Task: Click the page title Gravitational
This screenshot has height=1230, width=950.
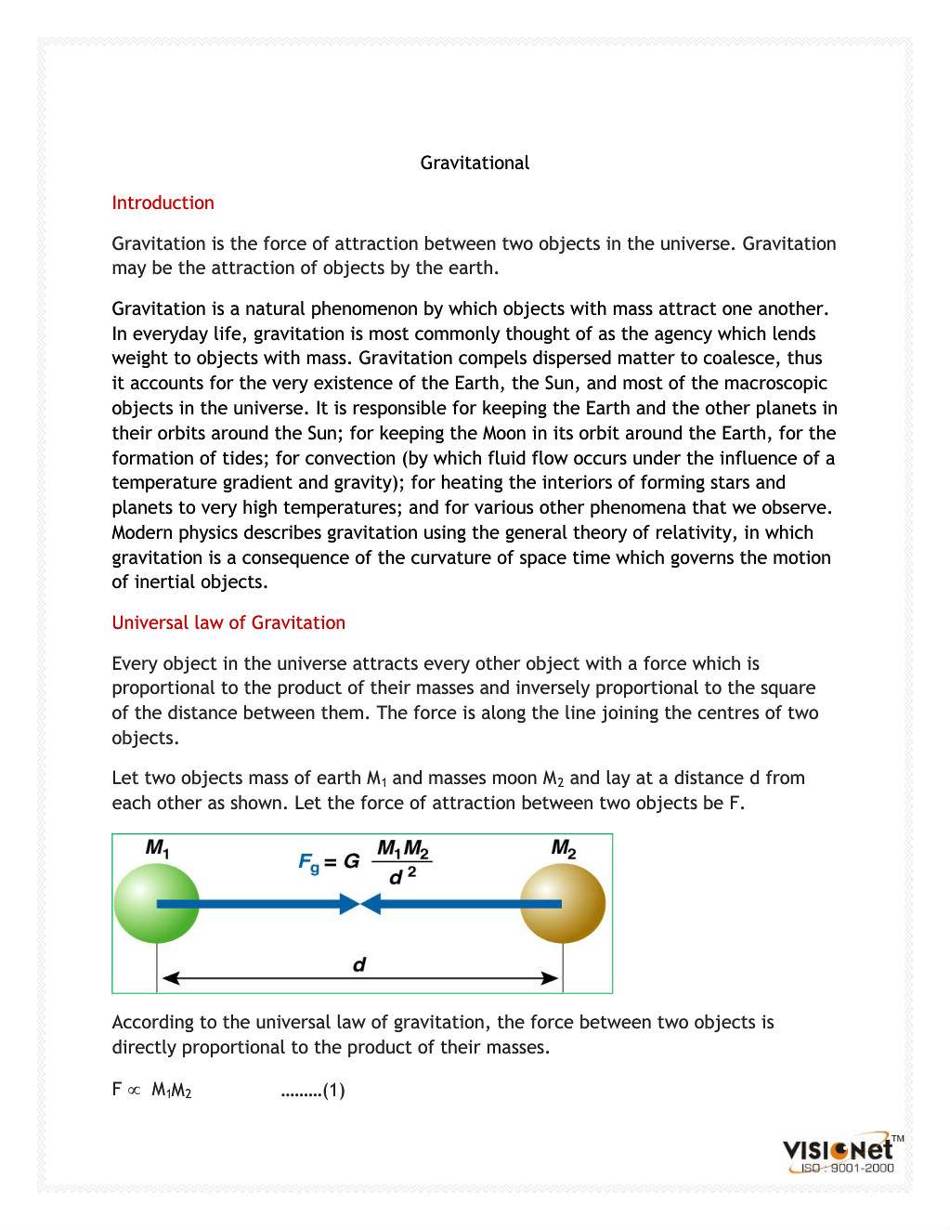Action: [475, 163]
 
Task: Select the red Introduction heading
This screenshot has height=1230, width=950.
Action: [163, 203]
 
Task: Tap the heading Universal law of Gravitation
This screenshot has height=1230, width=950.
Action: [228, 622]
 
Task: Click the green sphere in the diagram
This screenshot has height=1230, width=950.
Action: [156, 903]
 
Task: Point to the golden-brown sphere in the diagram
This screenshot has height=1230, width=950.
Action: [563, 903]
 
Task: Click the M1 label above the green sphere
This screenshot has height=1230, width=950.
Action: [157, 848]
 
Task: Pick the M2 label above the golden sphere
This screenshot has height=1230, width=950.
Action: [564, 848]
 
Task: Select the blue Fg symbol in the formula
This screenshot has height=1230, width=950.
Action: [308, 862]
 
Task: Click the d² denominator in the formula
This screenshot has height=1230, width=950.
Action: [402, 876]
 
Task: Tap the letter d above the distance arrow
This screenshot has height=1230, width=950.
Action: [359, 964]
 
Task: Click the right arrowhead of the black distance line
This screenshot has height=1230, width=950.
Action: [550, 978]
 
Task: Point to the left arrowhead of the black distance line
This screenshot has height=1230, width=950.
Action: [170, 978]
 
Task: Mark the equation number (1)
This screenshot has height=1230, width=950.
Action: [334, 1091]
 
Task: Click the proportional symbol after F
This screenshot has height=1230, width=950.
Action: [134, 1091]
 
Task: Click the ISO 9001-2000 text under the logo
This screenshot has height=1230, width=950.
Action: [847, 1169]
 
